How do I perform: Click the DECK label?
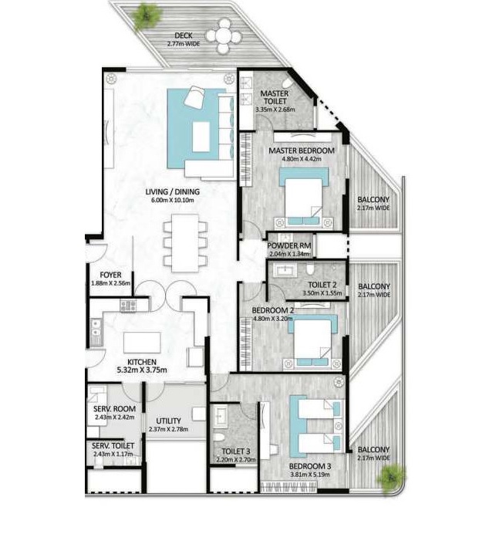[x=183, y=35]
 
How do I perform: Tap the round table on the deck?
[x=224, y=34]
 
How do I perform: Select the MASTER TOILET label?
[x=275, y=97]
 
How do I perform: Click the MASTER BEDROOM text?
[x=302, y=151]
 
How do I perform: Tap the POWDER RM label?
[x=289, y=246]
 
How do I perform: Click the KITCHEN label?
[x=143, y=362]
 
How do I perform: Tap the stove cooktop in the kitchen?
[x=127, y=306]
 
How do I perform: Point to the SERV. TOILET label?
[x=113, y=446]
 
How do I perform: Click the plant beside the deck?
[x=146, y=15]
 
